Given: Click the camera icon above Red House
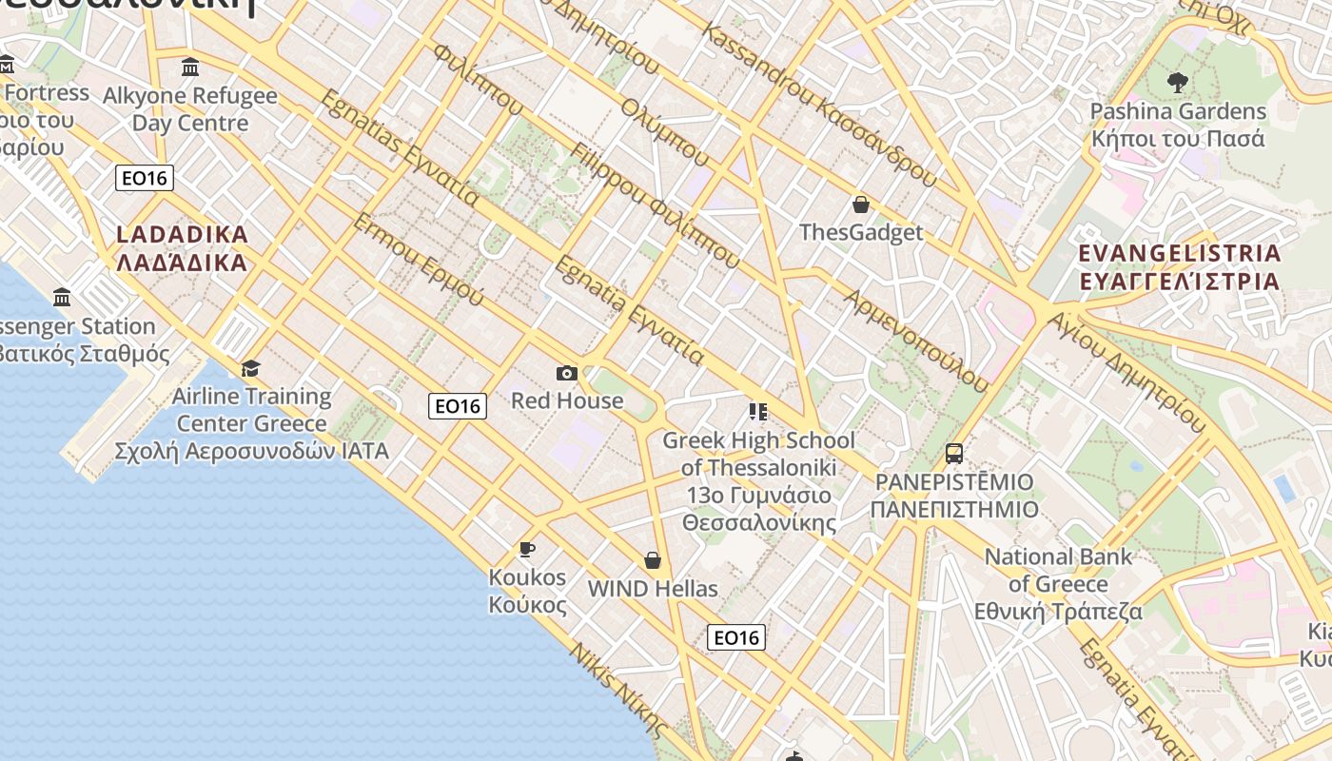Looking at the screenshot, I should [x=567, y=373].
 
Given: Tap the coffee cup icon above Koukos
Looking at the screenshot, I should [x=526, y=549].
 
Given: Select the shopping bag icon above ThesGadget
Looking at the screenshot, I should [x=861, y=204].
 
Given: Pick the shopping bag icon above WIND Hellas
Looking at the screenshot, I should [x=653, y=559].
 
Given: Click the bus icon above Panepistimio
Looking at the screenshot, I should [x=954, y=454].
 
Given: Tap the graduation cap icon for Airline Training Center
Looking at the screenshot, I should [x=251, y=368].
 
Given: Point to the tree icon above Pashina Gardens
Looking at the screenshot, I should [x=1178, y=83].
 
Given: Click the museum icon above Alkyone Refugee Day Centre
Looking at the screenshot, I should [x=190, y=68].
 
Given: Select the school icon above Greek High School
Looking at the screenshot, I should [x=758, y=412].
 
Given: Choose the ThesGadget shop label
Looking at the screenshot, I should [x=861, y=232].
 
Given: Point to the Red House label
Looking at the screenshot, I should [x=567, y=400].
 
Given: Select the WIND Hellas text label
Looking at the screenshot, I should [x=653, y=588].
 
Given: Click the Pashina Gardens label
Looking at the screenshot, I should [x=1178, y=111].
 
